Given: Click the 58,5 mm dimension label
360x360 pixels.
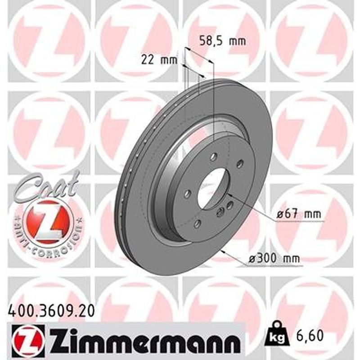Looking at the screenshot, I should (222, 42).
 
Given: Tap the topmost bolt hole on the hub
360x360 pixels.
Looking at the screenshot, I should (214, 157).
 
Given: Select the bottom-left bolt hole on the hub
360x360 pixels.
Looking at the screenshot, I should (198, 223).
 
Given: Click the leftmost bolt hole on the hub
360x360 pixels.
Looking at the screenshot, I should (188, 193).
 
